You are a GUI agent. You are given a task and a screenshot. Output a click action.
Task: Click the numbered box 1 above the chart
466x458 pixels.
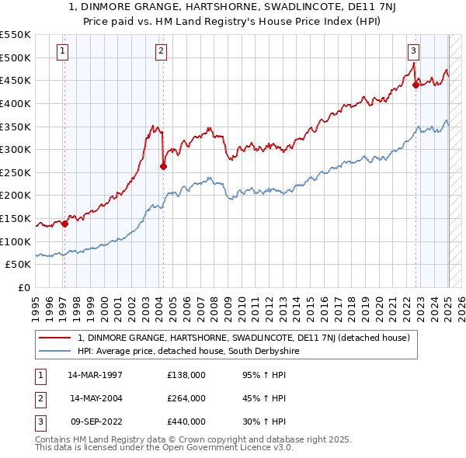click(x=62, y=51)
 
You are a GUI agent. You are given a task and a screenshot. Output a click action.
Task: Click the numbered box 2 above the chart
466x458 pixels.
click(x=161, y=51)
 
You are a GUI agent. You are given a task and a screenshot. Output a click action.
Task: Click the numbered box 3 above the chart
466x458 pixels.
click(x=413, y=51)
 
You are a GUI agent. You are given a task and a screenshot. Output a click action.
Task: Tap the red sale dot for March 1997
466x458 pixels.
click(x=64, y=224)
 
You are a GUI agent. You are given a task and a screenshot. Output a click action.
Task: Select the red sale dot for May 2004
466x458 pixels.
click(x=163, y=166)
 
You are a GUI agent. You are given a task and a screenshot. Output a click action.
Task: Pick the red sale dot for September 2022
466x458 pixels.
click(x=416, y=85)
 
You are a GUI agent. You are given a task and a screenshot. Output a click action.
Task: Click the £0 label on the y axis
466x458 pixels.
click(x=24, y=287)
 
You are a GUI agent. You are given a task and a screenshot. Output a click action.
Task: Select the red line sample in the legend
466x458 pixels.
click(x=54, y=338)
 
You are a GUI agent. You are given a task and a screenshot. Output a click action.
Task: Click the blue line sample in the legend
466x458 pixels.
click(x=54, y=352)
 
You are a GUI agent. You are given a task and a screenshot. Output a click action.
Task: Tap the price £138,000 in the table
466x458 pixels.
click(x=186, y=375)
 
